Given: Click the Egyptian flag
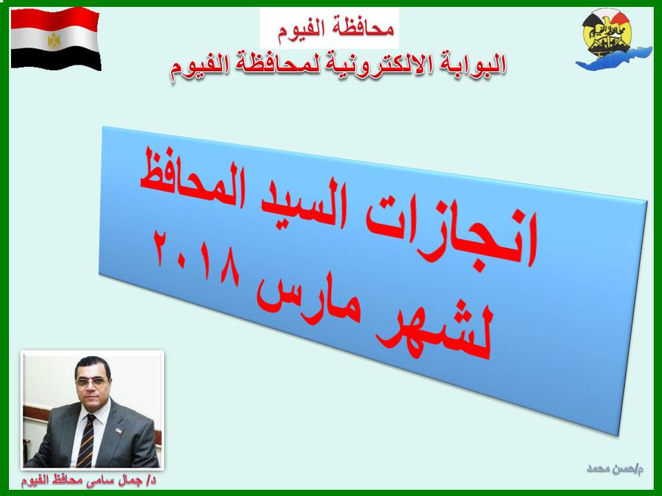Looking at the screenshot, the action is pos(55,39).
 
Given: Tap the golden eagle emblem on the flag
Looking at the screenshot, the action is pos(54,41).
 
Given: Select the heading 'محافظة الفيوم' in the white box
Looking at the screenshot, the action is pos(336,29).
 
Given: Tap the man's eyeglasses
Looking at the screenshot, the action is pos(91,382).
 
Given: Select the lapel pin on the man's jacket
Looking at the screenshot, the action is pos(118,430).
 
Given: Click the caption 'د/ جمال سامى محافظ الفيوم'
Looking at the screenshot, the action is pos(89,482).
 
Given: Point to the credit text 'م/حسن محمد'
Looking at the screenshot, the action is pos(614,469).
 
